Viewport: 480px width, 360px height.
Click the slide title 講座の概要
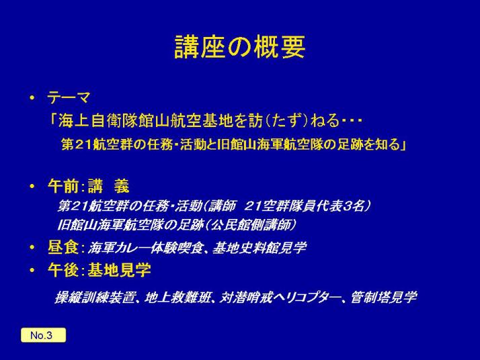(240, 47)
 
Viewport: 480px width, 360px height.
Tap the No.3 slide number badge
(43, 335)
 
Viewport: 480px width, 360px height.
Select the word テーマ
(69, 98)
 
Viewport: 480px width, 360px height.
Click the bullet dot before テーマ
(32, 98)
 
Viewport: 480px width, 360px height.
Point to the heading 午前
(63, 185)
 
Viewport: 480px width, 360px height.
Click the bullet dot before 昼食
(32, 247)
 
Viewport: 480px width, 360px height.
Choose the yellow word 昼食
(63, 247)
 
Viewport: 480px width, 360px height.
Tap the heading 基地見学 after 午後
(120, 270)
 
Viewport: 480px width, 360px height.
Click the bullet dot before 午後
(32, 271)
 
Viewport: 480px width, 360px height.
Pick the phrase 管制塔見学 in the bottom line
(383, 297)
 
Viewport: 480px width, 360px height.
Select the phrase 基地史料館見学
(259, 247)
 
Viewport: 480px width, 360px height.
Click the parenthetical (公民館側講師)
(251, 225)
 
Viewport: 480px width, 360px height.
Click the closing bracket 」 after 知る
(403, 144)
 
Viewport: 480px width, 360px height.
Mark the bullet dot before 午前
(32, 186)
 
